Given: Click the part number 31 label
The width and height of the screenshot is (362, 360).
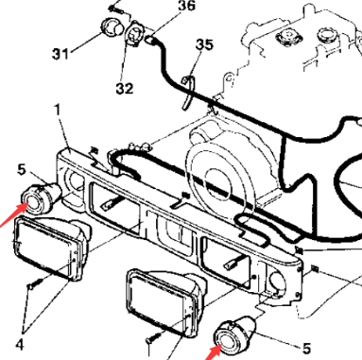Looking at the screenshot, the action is (x=60, y=54).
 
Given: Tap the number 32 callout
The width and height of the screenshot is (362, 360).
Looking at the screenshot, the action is (x=125, y=89).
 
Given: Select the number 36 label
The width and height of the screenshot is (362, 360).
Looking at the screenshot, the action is (x=187, y=6).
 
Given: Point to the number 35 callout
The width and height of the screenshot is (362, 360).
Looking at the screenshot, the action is (x=204, y=45).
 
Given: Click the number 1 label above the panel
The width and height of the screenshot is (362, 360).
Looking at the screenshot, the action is (x=57, y=110).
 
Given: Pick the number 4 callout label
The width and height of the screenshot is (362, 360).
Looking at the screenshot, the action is (x=20, y=345).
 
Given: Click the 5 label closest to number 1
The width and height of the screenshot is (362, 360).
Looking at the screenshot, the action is (x=21, y=170).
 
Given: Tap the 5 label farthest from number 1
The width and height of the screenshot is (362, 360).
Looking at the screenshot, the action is (x=306, y=349).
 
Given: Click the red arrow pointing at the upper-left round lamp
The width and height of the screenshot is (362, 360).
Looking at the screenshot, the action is (x=12, y=214).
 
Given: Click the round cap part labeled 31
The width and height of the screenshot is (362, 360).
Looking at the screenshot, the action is (x=112, y=27).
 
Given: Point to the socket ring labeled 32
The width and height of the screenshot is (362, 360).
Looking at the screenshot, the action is (x=135, y=35).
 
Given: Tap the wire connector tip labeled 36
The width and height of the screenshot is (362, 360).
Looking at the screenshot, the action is (x=151, y=41).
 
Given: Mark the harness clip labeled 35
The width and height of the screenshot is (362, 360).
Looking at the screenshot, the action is (x=188, y=92).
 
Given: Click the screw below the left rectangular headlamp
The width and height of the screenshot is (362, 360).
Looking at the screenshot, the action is (x=35, y=283).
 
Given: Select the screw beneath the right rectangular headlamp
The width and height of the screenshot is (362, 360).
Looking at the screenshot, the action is (x=154, y=336).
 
